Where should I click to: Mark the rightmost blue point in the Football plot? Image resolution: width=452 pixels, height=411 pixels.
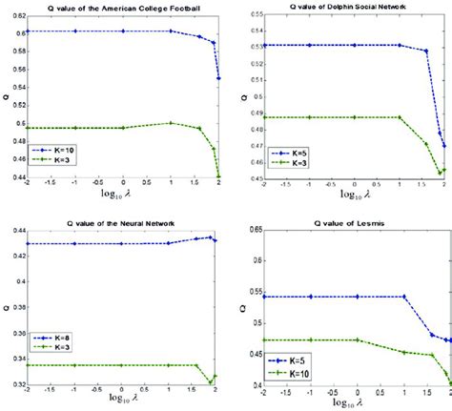tap(218, 78)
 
